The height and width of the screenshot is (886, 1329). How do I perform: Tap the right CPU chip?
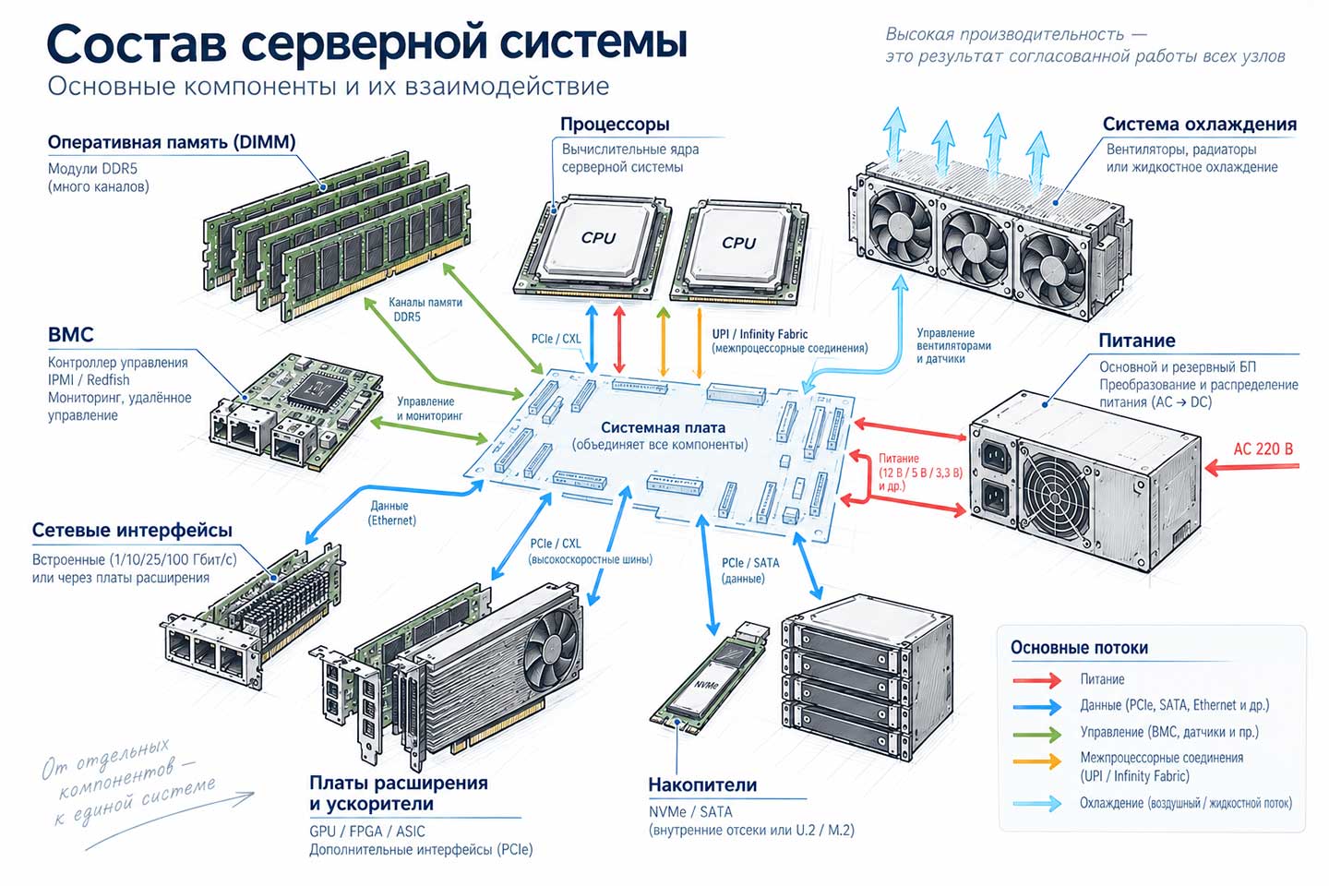pyautogui.click(x=738, y=249)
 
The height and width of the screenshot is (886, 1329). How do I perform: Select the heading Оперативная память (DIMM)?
pyautogui.click(x=172, y=142)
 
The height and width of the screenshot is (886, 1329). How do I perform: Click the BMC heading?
pyautogui.click(x=70, y=335)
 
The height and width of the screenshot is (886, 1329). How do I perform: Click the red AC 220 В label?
pyautogui.click(x=1263, y=449)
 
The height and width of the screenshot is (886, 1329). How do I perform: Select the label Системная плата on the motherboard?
pyautogui.click(x=663, y=427)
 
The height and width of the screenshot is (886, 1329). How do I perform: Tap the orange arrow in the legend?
pyautogui.click(x=1036, y=760)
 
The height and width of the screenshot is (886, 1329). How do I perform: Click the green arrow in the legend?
pyautogui.click(x=1036, y=735)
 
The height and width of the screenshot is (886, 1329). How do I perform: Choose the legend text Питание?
pyautogui.click(x=1102, y=679)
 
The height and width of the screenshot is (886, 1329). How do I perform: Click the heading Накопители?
pyautogui.click(x=702, y=784)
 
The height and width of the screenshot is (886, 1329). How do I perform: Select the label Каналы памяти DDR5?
pyautogui.click(x=425, y=309)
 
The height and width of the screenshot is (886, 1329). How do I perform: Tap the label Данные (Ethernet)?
pyautogui.click(x=391, y=513)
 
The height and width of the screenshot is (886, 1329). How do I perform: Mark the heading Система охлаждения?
pyautogui.click(x=1199, y=124)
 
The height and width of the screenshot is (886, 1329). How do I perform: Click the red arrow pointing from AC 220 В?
pyautogui.click(x=1251, y=468)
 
